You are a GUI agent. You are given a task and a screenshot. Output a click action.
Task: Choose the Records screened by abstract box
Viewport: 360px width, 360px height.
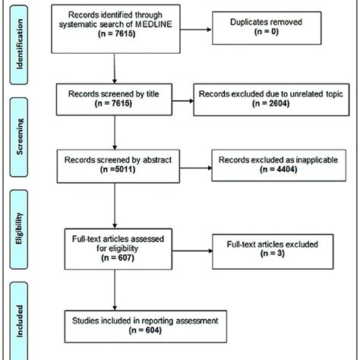point(116,166)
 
